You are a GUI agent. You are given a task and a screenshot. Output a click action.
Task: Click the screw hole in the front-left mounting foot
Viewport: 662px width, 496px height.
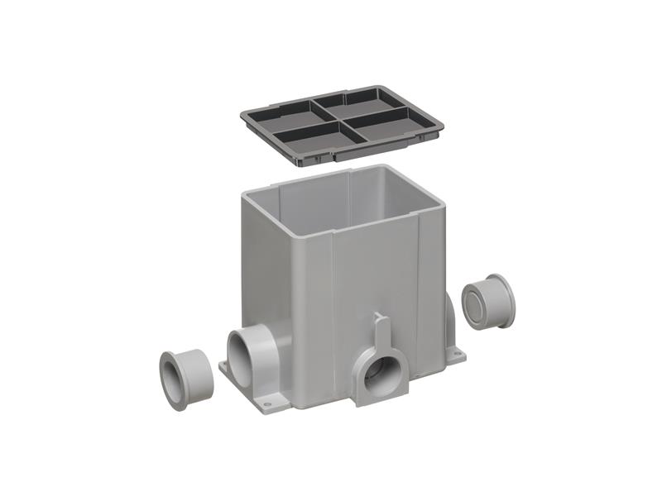[x=264, y=401]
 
